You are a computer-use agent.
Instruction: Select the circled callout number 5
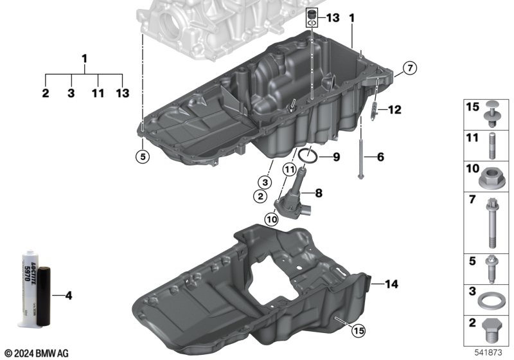[x=143, y=157]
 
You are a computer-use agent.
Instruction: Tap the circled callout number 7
[x=410, y=68]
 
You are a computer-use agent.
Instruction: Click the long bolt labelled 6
[x=360, y=159]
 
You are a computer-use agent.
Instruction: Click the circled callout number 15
[x=359, y=331]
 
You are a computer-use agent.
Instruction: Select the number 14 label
[x=391, y=284]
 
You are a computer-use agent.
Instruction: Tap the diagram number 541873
[x=488, y=352]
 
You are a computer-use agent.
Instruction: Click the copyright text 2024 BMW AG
[x=37, y=353]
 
